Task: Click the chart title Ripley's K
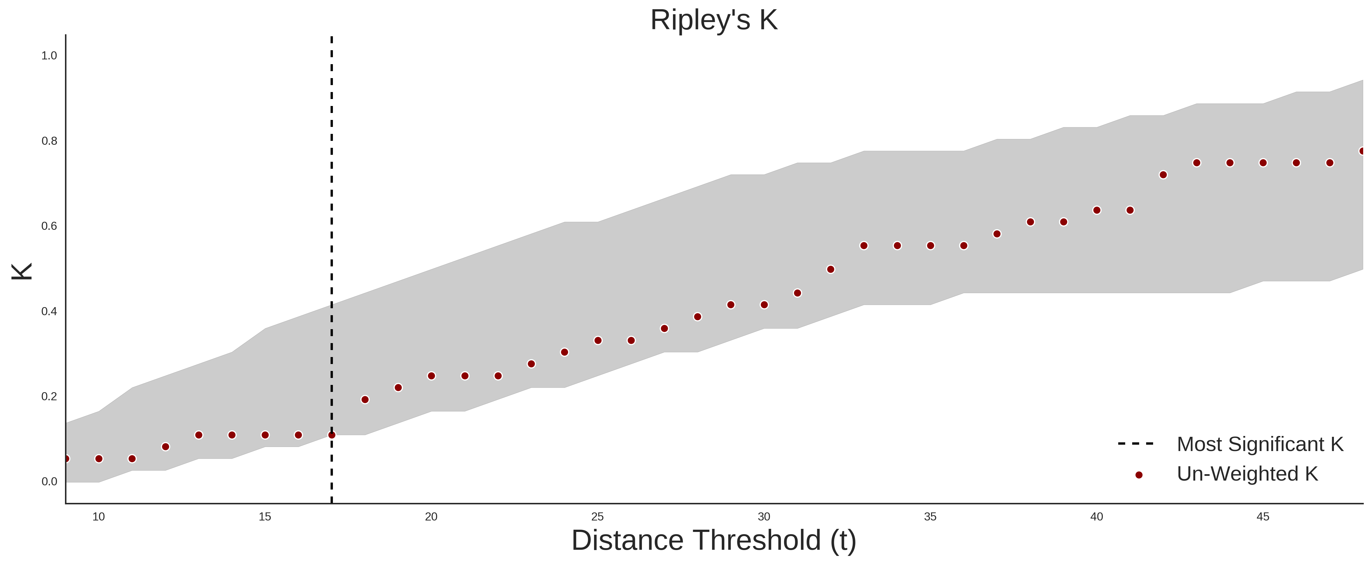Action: coord(714,20)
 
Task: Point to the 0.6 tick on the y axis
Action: coord(49,226)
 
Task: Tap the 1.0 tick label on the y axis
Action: coord(49,56)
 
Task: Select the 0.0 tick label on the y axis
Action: coord(49,481)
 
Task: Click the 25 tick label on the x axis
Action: coord(598,517)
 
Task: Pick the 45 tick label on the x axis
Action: coord(1263,517)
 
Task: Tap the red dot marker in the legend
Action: coord(1138,475)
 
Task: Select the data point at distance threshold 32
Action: coord(831,269)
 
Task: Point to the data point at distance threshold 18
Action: coord(365,400)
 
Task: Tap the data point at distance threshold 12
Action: coord(165,447)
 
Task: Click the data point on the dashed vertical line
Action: coord(331,435)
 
